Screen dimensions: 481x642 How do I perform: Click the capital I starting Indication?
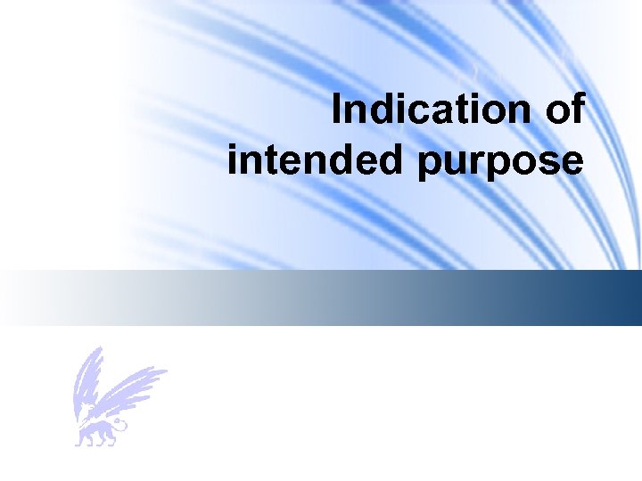(x=336, y=110)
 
